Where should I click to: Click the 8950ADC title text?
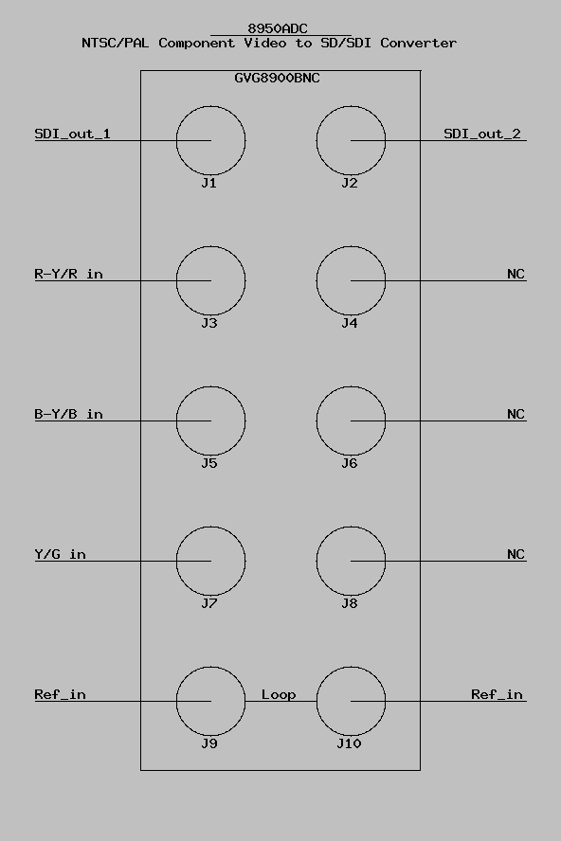coord(278,28)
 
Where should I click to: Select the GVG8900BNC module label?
coord(277,78)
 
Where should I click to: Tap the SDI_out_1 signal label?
coord(72,134)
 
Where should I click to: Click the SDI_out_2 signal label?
coord(482,134)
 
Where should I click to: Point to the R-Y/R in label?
coord(69,274)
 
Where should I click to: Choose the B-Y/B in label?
coord(69,414)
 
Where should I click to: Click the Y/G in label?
coord(60,554)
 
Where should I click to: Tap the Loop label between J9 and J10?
coord(279,694)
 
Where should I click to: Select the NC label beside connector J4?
coord(516,274)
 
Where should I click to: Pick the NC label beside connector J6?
coord(516,414)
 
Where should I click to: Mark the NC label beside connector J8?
coord(516,554)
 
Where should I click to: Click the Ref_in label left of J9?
coord(60,694)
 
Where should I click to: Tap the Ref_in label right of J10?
coord(498,694)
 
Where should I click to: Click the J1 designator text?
coord(209,183)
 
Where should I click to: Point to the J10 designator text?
coord(349,743)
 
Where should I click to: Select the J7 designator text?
coord(209,603)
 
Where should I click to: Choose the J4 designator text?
coord(350,323)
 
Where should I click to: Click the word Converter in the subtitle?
coord(419,43)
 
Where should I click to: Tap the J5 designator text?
coord(209,463)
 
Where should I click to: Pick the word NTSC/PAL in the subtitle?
coord(116,43)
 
